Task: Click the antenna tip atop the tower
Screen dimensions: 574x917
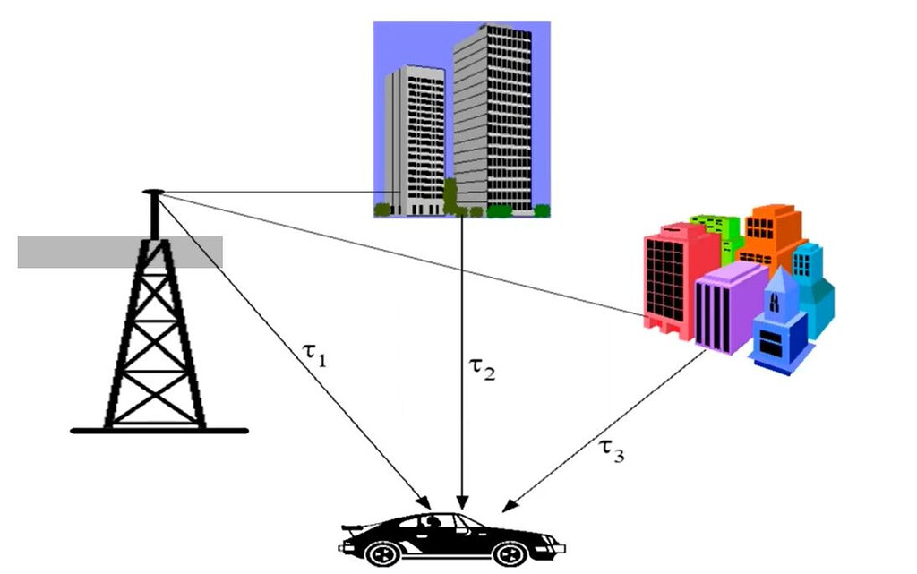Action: pos(153,192)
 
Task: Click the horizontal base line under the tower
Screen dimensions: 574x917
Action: pos(159,431)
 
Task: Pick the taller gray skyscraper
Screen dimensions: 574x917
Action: pos(493,116)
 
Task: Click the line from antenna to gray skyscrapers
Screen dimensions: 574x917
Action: pos(269,192)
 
